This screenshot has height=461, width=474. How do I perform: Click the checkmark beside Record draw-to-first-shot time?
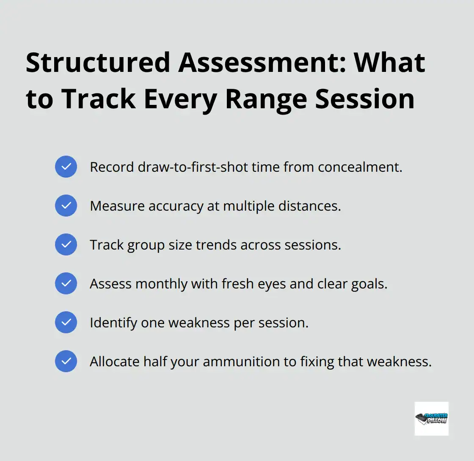(x=66, y=167)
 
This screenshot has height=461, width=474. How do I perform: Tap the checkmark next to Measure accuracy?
(x=66, y=206)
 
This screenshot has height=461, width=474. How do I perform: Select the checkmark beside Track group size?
(x=66, y=244)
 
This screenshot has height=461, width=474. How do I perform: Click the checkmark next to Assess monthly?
(x=66, y=283)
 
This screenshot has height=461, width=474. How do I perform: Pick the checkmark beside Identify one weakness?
(x=66, y=322)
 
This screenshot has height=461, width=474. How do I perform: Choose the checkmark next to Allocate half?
(x=66, y=361)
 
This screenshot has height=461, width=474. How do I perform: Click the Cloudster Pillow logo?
(x=431, y=418)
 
